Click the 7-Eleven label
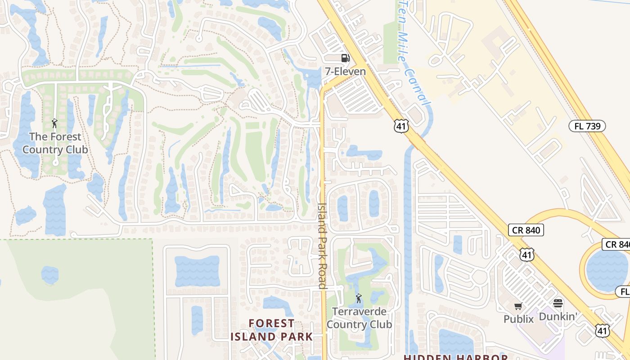345,71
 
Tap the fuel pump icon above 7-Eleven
345,58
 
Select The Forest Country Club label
55,143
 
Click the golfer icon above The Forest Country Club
55,123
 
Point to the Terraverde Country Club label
359,318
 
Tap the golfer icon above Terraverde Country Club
358,298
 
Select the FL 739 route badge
587,126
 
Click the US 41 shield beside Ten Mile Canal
401,126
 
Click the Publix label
518,319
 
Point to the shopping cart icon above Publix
518,306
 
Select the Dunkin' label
558,316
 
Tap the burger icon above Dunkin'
558,303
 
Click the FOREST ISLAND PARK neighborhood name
271,330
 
